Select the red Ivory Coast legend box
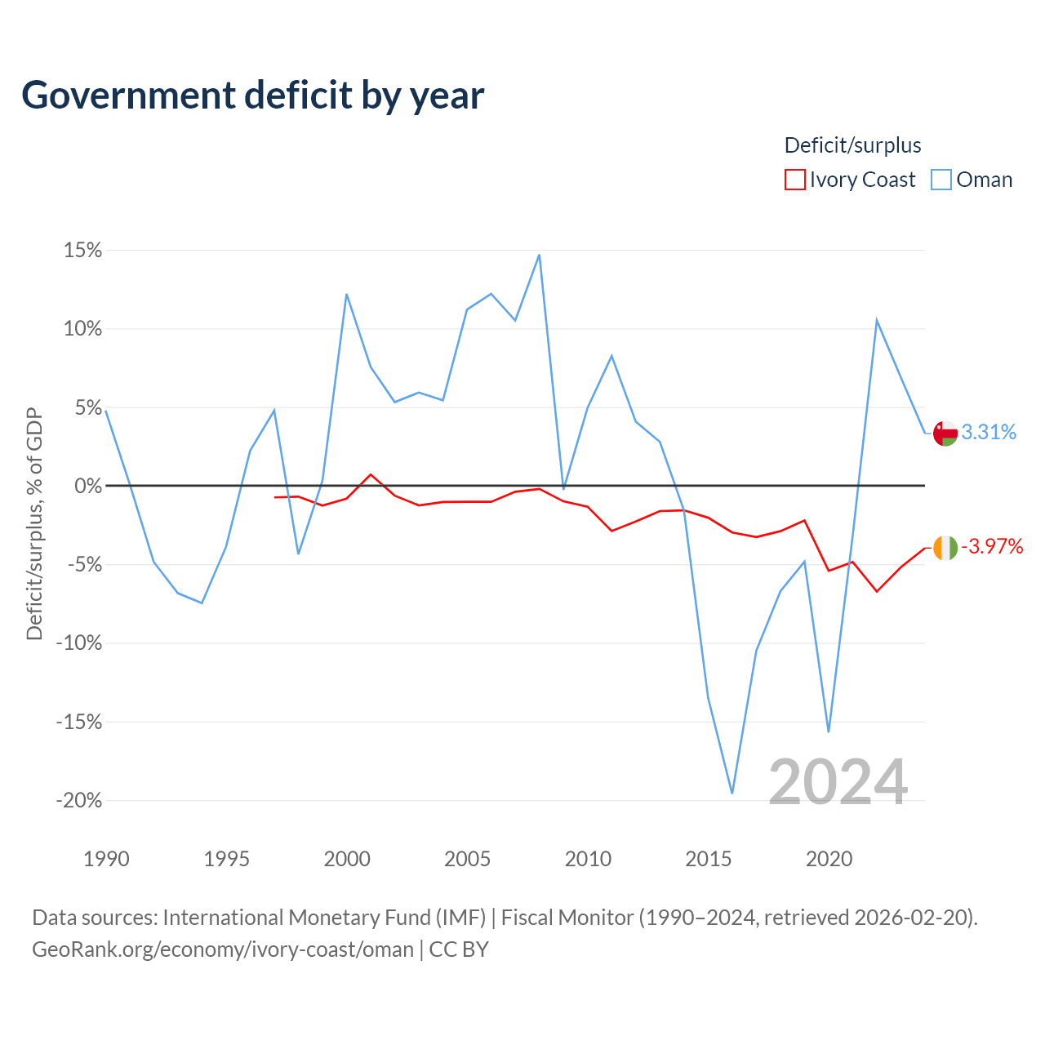pos(794,180)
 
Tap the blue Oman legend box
pos(940,180)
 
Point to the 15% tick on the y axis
pos(82,250)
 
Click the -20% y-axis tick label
pos(78,800)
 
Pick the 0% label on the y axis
pos(88,485)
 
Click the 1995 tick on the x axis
pos(226,859)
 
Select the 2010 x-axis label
pos(588,859)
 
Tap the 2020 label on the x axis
pos(829,859)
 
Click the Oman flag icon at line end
pos(945,433)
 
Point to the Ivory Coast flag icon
pos(945,548)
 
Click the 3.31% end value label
pos(989,432)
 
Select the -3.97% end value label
pos(993,547)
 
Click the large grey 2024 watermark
pos(838,781)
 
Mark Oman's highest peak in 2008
pos(539,255)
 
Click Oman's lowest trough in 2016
pos(732,793)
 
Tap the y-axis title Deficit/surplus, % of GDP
pos(34,524)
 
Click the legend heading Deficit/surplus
pos(852,145)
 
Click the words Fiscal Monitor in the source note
pos(567,918)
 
